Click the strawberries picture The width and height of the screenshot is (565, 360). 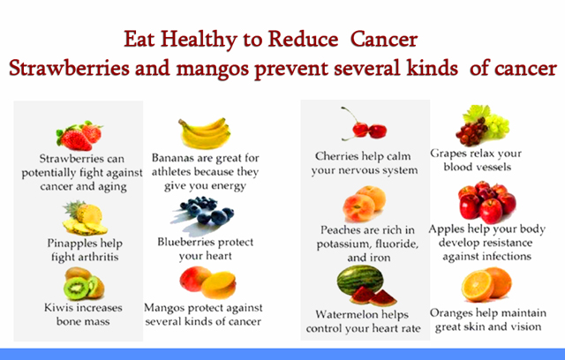(79, 136)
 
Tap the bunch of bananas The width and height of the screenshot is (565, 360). (205, 133)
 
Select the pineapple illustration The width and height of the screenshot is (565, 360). (85, 218)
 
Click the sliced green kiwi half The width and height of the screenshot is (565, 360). (77, 288)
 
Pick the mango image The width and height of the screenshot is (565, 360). (208, 282)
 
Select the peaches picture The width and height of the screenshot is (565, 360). (365, 203)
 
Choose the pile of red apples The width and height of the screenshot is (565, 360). (486, 202)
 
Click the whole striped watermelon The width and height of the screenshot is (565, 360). (359, 280)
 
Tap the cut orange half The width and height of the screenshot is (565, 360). (478, 286)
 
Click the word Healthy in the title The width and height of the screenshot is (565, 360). (199, 40)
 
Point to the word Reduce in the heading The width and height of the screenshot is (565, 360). (303, 39)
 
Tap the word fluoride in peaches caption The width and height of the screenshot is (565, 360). (396, 244)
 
